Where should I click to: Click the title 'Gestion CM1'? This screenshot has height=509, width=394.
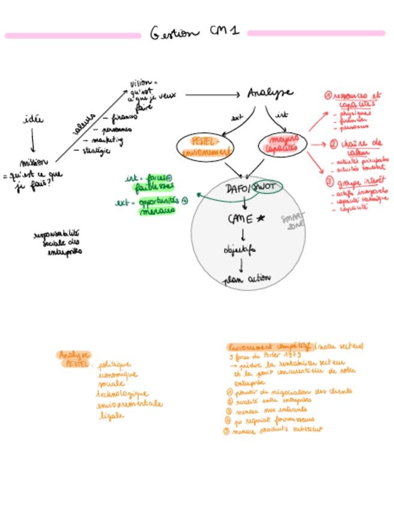click(193, 32)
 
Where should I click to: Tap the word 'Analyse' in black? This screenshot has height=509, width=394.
click(270, 93)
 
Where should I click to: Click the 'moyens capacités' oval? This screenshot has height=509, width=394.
click(282, 145)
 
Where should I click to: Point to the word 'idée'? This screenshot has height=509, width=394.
click(33, 119)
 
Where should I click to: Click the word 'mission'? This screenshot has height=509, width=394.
click(34, 163)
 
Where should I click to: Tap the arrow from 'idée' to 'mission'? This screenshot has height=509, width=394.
click(32, 140)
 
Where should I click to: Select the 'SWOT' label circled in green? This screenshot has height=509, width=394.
click(265, 187)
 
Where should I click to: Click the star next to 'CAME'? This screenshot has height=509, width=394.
click(260, 219)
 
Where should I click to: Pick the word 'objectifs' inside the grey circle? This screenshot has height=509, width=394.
click(240, 249)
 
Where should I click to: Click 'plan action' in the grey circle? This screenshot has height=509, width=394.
click(247, 279)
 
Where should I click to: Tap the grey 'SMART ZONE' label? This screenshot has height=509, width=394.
click(294, 220)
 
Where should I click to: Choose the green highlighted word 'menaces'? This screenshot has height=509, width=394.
click(157, 211)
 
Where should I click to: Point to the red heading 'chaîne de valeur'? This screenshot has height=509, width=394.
click(360, 147)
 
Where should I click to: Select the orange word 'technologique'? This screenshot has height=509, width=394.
click(122, 394)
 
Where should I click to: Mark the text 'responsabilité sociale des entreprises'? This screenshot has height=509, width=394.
click(58, 242)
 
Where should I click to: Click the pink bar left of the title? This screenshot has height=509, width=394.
click(72, 36)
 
